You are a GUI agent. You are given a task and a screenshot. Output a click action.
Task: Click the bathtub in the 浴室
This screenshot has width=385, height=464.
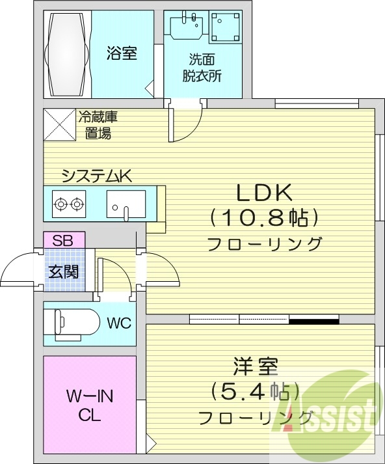point(67,54)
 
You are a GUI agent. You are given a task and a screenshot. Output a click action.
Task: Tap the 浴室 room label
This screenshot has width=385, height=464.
point(122,54)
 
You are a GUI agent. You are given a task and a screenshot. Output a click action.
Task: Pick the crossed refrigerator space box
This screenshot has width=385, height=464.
point(60,124)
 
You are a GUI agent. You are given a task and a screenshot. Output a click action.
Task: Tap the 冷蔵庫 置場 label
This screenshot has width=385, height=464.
point(98,126)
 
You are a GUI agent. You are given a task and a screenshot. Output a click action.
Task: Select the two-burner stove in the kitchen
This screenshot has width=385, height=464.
point(70,204)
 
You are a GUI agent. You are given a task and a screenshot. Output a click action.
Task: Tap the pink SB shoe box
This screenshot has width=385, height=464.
point(63,239)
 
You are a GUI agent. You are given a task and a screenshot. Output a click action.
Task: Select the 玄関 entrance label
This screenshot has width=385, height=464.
point(62,270)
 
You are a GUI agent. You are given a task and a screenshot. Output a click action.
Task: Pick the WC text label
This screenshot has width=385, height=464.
point(119,323)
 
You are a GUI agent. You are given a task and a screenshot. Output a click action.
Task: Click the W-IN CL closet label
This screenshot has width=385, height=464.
point(89,405)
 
